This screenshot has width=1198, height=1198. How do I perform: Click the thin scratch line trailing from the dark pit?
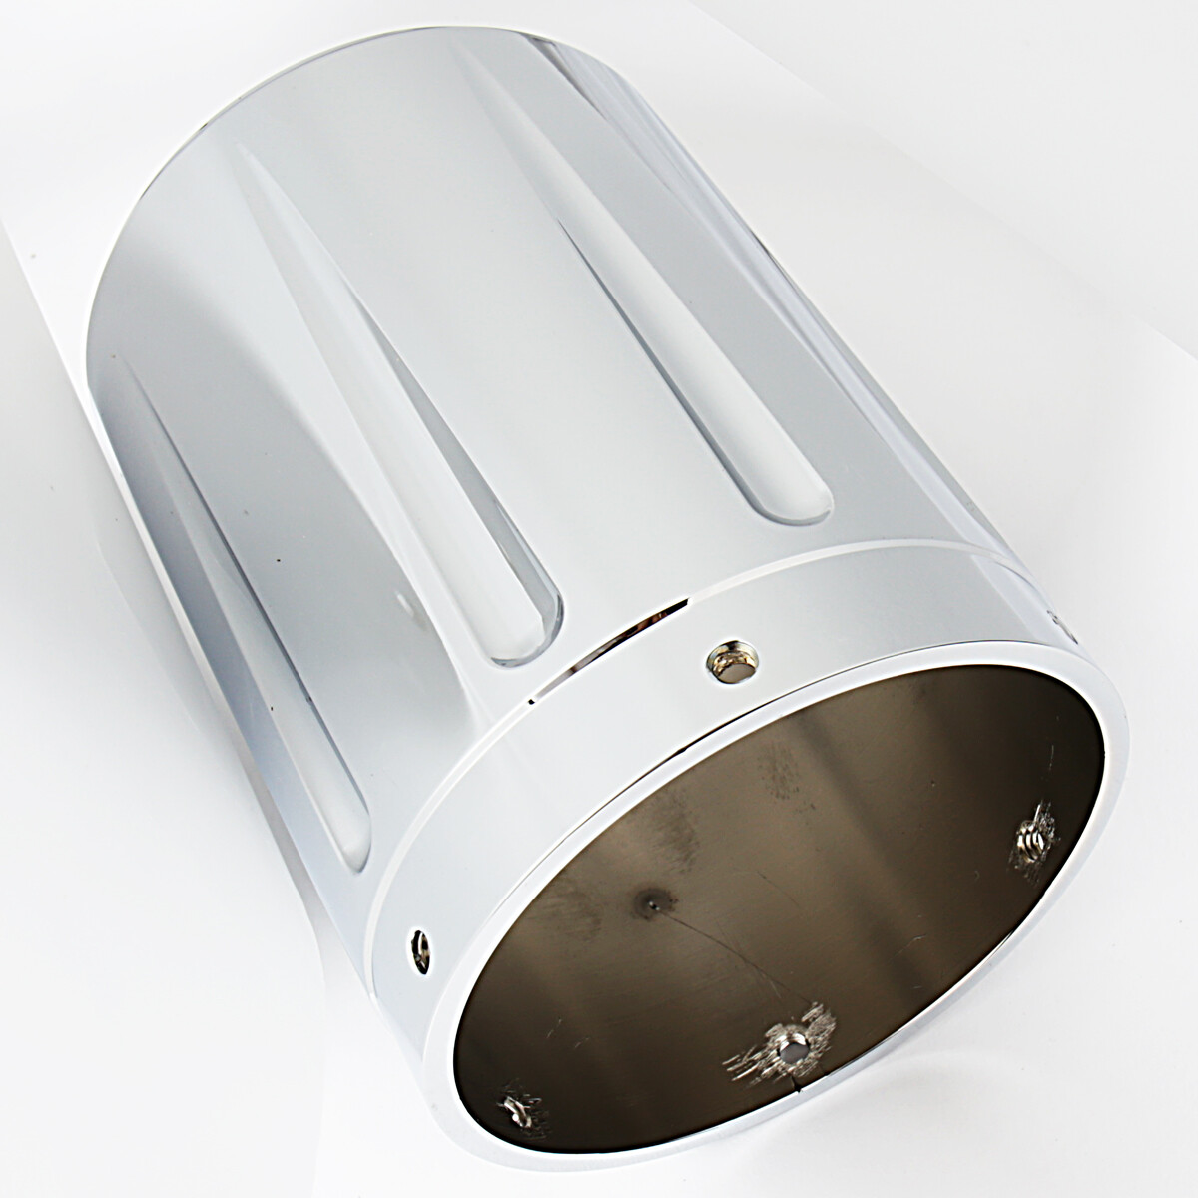pos(729,948)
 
